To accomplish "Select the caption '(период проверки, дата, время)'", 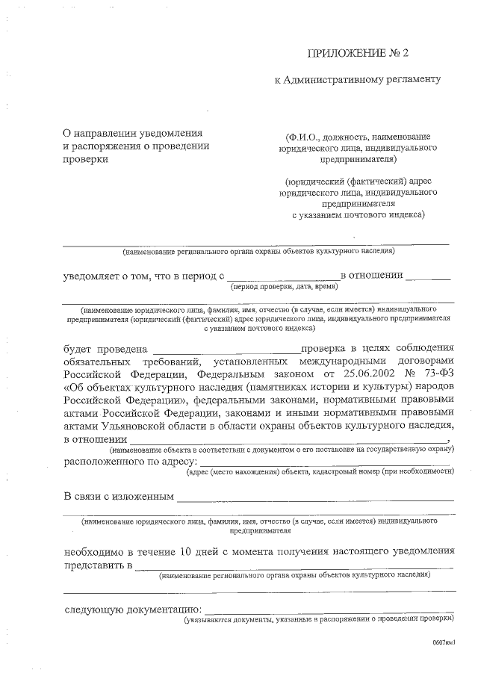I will coord(285,286).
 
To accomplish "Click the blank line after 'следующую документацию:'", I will coord(329,611).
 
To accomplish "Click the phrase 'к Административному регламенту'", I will coord(359,79).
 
